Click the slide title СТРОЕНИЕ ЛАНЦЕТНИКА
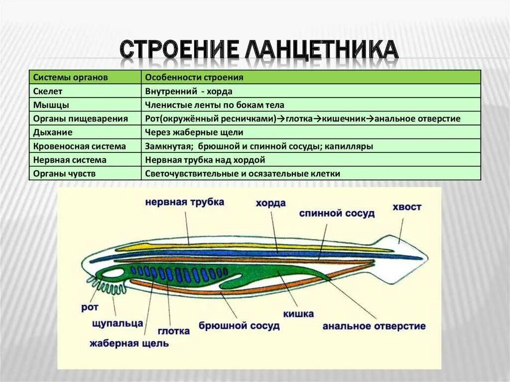[258, 50]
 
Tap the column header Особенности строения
[194, 78]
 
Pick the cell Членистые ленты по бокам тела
[215, 105]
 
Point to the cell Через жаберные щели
[194, 132]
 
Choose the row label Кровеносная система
[79, 146]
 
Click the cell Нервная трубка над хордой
[205, 160]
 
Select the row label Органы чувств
[64, 174]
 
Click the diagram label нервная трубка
[185, 202]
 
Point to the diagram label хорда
[270, 203]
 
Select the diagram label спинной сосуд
[337, 213]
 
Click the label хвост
[406, 207]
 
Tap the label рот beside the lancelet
[90, 307]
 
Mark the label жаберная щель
[129, 343]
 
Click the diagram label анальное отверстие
[374, 326]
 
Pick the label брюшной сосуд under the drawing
[239, 326]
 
